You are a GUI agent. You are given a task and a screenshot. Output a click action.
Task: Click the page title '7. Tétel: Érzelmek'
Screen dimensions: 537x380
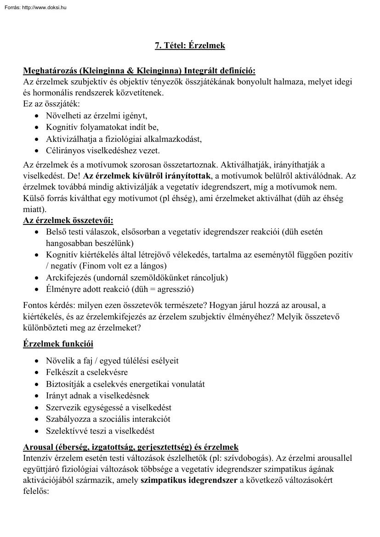190,46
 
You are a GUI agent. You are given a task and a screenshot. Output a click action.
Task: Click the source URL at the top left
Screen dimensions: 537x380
34,7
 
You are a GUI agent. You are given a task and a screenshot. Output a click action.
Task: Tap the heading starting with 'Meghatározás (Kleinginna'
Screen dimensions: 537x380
139,71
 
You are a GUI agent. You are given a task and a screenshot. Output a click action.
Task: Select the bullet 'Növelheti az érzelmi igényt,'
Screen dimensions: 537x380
96,116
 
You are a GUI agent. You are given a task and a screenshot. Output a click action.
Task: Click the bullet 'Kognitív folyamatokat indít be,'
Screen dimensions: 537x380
102,127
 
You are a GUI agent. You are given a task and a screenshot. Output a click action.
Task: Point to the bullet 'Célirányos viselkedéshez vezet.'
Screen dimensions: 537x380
103,150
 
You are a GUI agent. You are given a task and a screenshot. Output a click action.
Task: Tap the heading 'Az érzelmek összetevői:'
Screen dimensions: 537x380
68,221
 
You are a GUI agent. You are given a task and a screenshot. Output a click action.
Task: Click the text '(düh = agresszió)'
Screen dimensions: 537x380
163,289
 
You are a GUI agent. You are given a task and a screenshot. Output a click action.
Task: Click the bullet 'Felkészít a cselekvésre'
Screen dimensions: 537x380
87,372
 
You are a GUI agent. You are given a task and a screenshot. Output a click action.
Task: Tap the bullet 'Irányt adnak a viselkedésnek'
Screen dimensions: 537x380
97,396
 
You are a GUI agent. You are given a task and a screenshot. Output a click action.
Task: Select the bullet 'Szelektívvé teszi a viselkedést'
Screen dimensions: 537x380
100,431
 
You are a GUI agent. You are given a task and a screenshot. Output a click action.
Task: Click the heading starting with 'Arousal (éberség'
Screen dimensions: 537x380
131,447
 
